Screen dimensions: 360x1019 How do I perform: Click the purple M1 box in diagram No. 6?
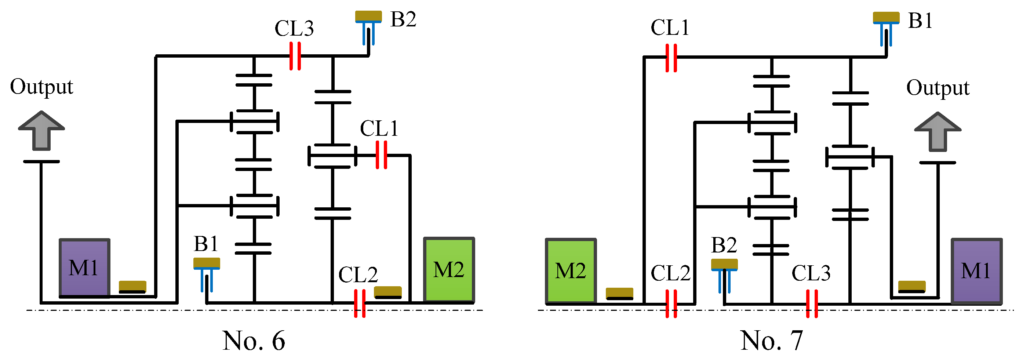(x=84, y=268)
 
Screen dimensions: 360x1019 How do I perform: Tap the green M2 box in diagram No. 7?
(x=571, y=270)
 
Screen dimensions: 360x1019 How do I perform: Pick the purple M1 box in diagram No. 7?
(x=976, y=271)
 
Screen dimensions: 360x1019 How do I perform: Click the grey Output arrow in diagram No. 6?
(x=41, y=131)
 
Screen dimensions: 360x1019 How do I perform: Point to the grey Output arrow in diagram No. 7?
(x=938, y=132)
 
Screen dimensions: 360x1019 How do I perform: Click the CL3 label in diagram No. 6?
(x=294, y=29)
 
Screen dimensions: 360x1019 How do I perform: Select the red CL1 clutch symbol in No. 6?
(x=381, y=155)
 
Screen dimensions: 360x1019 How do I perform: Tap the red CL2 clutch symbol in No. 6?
(x=360, y=303)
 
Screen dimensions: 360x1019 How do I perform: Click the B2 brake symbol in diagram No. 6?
(x=368, y=27)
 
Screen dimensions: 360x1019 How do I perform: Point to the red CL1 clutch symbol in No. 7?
(x=671, y=58)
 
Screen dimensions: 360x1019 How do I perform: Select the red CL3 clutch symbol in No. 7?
(x=812, y=303)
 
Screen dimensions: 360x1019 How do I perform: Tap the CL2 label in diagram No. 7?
(x=670, y=273)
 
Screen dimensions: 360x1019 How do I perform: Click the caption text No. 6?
(x=254, y=340)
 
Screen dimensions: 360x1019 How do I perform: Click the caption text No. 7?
(x=771, y=340)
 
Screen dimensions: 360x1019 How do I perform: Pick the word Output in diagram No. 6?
(x=41, y=87)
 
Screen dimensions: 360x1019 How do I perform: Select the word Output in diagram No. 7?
(x=938, y=88)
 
